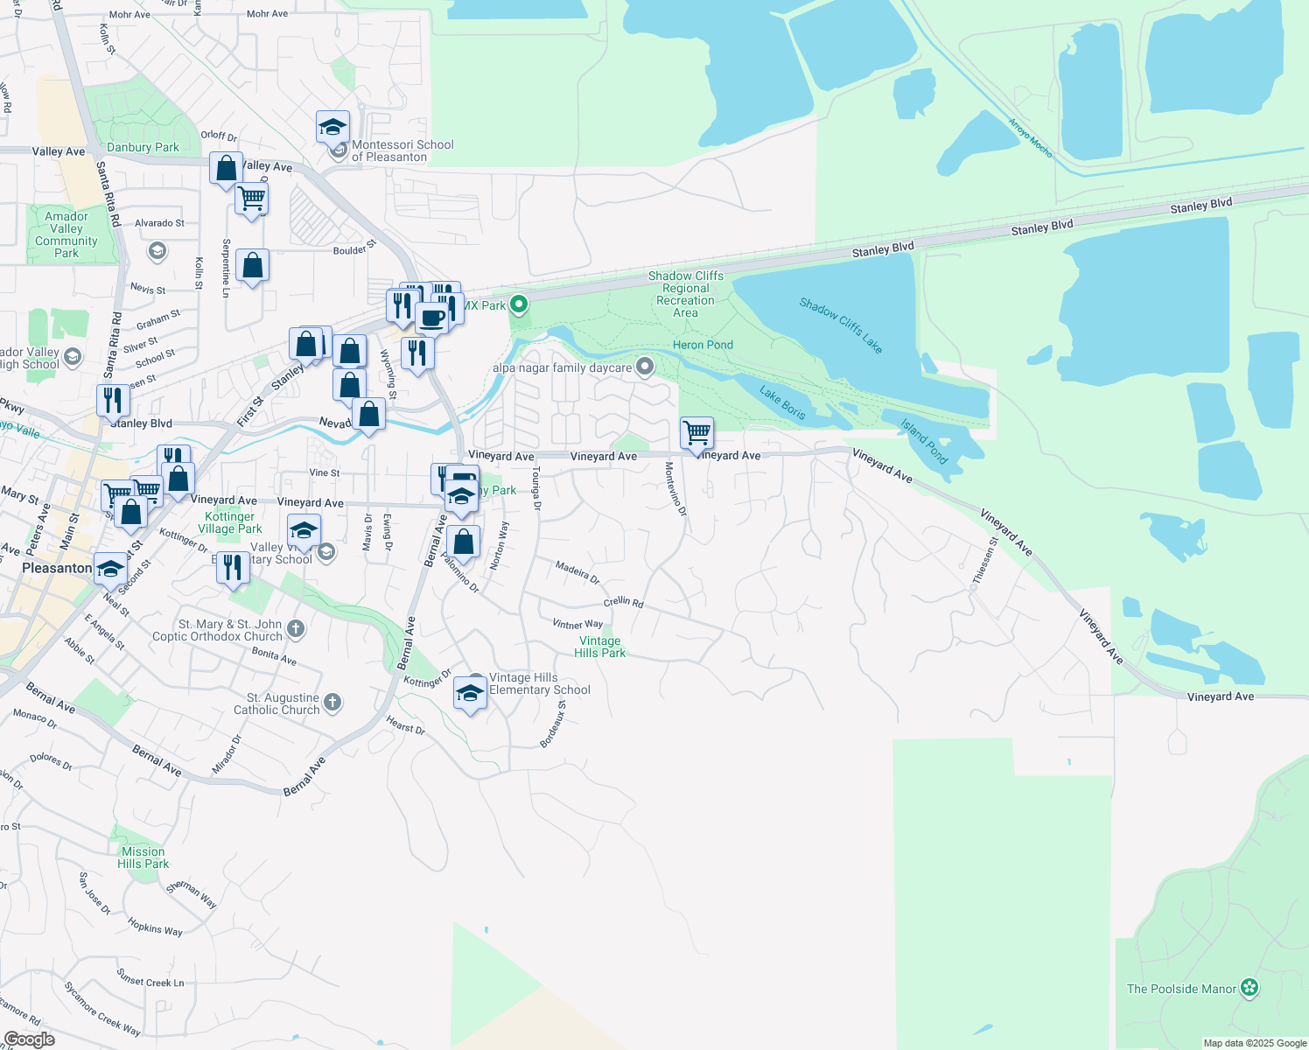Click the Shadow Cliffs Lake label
click(841, 325)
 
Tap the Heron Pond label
click(703, 345)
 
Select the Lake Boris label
click(782, 402)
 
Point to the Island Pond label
click(925, 442)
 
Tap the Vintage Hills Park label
click(600, 647)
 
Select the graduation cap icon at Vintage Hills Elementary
click(470, 693)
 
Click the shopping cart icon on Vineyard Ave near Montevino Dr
click(696, 432)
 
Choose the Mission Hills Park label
click(143, 857)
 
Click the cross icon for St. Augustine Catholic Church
click(332, 702)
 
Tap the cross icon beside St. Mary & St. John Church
click(296, 628)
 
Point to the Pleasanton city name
click(57, 568)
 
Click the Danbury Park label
click(143, 148)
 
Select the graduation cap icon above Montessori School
click(332, 128)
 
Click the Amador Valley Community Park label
click(66, 234)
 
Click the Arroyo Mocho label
click(1030, 137)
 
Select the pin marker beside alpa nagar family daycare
click(645, 367)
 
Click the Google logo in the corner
click(29, 1039)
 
